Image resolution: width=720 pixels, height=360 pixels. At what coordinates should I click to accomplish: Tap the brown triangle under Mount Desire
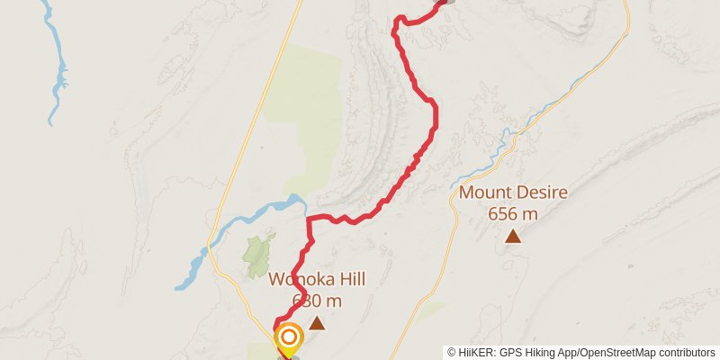[512, 237]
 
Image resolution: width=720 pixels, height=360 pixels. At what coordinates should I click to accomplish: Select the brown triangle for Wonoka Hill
[317, 321]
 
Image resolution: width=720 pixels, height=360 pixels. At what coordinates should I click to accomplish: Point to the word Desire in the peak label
[539, 193]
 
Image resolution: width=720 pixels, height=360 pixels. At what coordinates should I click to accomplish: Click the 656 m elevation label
[512, 214]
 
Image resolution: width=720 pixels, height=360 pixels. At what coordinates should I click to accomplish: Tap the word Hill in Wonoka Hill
[340, 277]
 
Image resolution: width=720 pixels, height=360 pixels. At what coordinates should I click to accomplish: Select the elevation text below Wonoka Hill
[317, 300]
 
